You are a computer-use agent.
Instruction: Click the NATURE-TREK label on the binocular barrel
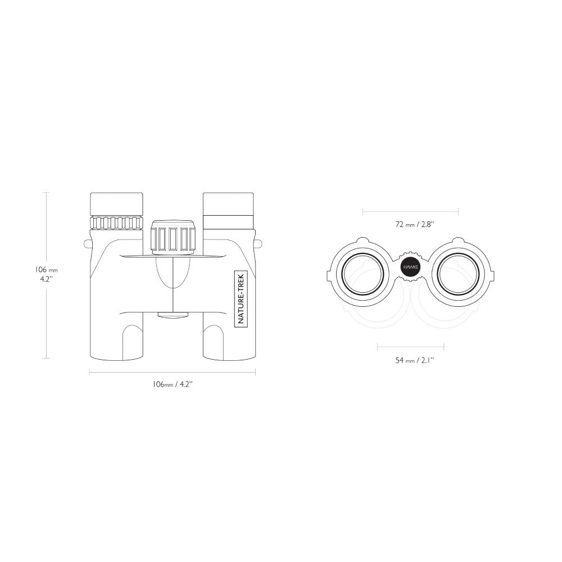[241, 298]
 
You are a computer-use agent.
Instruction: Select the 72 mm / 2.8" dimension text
[415, 224]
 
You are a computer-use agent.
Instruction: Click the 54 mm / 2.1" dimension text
[415, 360]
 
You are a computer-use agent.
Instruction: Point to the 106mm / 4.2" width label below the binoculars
[173, 384]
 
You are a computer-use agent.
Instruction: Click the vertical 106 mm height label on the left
[46, 274]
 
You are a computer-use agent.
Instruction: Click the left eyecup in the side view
[116, 205]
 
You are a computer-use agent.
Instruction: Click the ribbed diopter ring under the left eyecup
[116, 223]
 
